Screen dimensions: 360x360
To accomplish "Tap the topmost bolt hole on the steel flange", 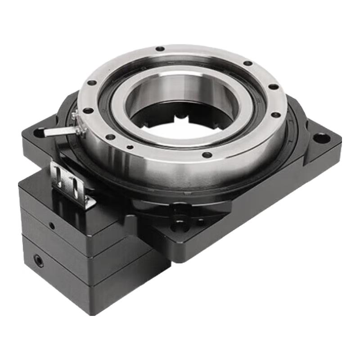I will pyautogui.click(x=160, y=49).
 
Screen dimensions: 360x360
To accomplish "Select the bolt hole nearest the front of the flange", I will pyautogui.click(x=207, y=155).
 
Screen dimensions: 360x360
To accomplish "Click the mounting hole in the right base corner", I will pyautogui.click(x=321, y=137).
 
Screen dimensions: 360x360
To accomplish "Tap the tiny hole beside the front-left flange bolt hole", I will pyautogui.click(x=130, y=147).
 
